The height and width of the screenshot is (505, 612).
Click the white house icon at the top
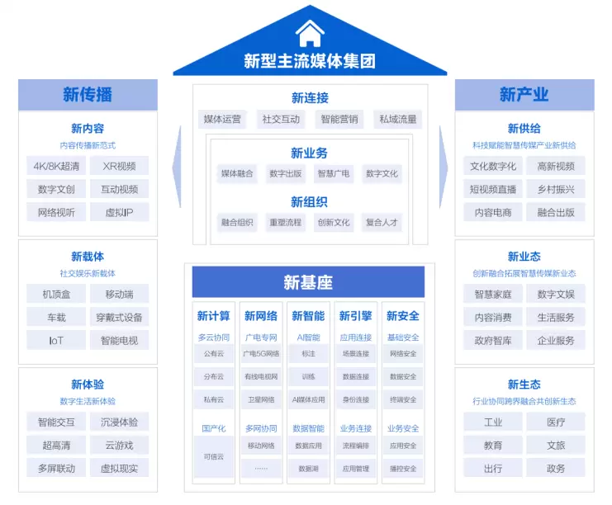point(310,33)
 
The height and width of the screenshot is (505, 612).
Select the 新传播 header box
point(88,94)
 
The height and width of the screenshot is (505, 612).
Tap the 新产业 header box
point(524,94)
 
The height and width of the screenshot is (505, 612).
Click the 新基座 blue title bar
point(308,282)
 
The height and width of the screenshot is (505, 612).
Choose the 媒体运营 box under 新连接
point(222,120)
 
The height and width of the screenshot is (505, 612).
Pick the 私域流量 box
point(398,120)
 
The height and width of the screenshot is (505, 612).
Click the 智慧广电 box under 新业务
point(334,173)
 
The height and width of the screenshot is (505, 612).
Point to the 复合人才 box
point(382,222)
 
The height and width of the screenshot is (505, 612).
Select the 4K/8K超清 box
point(56,166)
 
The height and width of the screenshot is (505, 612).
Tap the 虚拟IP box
point(120,212)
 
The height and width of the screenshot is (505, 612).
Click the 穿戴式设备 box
point(120,317)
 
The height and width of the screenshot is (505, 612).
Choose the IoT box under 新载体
point(56,340)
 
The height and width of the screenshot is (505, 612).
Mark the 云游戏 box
point(120,445)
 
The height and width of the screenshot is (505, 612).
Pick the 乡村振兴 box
point(556,189)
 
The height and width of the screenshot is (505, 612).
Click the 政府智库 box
point(493,340)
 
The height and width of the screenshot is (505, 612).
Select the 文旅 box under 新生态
point(556,445)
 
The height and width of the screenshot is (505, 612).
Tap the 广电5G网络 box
point(261,354)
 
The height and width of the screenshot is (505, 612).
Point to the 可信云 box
point(214,456)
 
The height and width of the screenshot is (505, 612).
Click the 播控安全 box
point(403,469)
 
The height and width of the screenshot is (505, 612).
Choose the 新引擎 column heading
point(355,316)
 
